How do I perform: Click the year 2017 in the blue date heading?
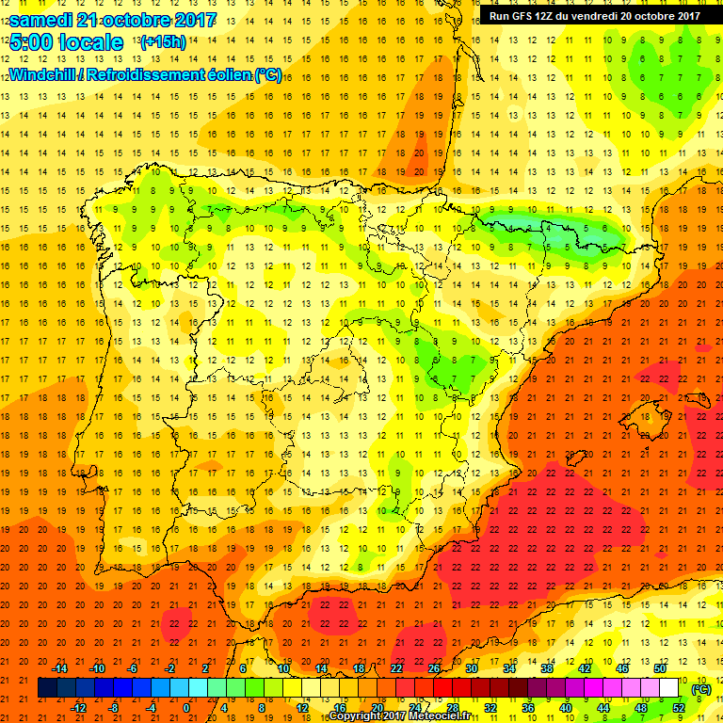(x=189, y=20)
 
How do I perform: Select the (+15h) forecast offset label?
(x=162, y=42)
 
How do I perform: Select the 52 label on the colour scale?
(x=679, y=708)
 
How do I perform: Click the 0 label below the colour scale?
(x=186, y=708)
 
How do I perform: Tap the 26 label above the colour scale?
(x=433, y=667)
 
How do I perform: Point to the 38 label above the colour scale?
(x=546, y=667)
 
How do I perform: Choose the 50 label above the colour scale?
(x=659, y=667)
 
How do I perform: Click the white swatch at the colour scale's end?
(x=669, y=688)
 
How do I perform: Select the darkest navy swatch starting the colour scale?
(x=48, y=688)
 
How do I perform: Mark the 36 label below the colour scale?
(x=528, y=708)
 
